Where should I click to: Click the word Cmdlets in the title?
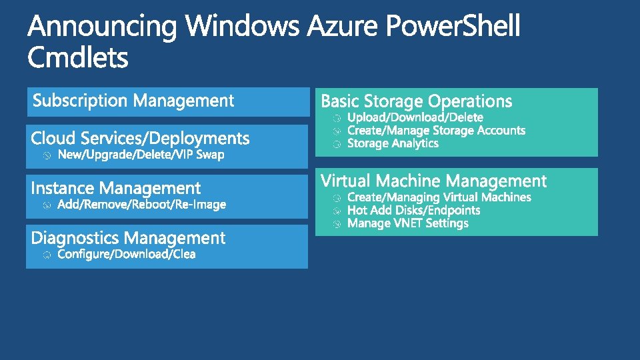point(78,58)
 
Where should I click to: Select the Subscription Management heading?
point(133,101)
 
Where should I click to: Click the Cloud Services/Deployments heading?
point(140,139)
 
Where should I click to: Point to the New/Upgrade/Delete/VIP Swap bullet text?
point(141,155)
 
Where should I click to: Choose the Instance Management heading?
point(115,189)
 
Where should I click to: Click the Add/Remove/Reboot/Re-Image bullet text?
point(142,205)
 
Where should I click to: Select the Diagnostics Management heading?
point(128,238)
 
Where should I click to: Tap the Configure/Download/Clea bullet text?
point(127,255)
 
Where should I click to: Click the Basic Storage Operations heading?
point(417,101)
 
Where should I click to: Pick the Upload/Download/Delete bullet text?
point(415,117)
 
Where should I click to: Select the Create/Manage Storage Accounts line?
point(437,131)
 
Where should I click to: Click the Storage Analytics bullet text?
point(393,143)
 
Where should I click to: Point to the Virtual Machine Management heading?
point(433,181)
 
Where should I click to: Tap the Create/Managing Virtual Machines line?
point(439,197)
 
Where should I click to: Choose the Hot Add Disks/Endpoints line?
point(413,210)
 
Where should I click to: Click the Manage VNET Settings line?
point(408,223)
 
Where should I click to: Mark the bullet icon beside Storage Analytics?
point(337,144)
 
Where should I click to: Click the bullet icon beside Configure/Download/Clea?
point(46,255)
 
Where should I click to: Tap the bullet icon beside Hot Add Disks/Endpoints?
point(337,211)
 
